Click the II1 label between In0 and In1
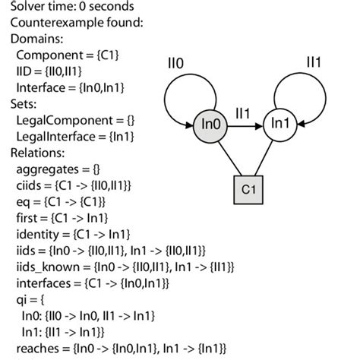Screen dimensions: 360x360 pos(244,112)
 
